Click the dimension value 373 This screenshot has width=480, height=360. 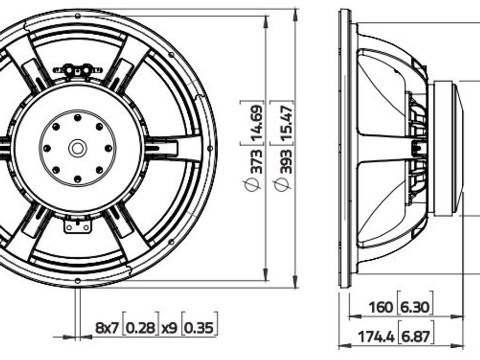(255, 161)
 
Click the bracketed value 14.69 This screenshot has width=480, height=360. (255, 122)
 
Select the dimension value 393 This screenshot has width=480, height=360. (285, 161)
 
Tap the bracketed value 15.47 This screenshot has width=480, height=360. (285, 122)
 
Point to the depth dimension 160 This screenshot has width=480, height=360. (380, 307)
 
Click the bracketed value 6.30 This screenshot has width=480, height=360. (415, 307)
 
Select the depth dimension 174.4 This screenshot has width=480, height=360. (376, 337)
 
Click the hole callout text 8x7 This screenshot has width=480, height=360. (107, 328)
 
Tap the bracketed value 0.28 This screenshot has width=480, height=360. (141, 328)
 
